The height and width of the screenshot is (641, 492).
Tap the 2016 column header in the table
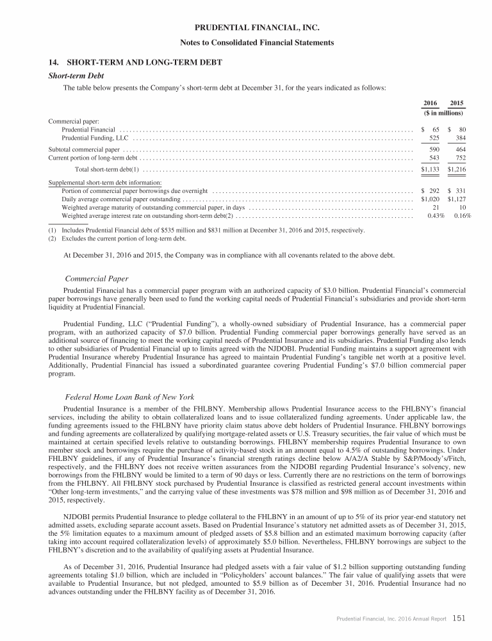pyautogui.click(x=431, y=103)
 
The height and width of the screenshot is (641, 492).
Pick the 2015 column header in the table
pyautogui.click(x=457, y=103)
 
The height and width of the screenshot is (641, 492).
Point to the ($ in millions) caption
pyautogui.click(x=443, y=113)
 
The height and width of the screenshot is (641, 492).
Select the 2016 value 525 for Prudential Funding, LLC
pyautogui.click(x=434, y=138)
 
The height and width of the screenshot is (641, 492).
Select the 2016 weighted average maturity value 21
pyautogui.click(x=436, y=208)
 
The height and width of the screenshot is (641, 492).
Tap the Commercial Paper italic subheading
pyautogui.click(x=97, y=279)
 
